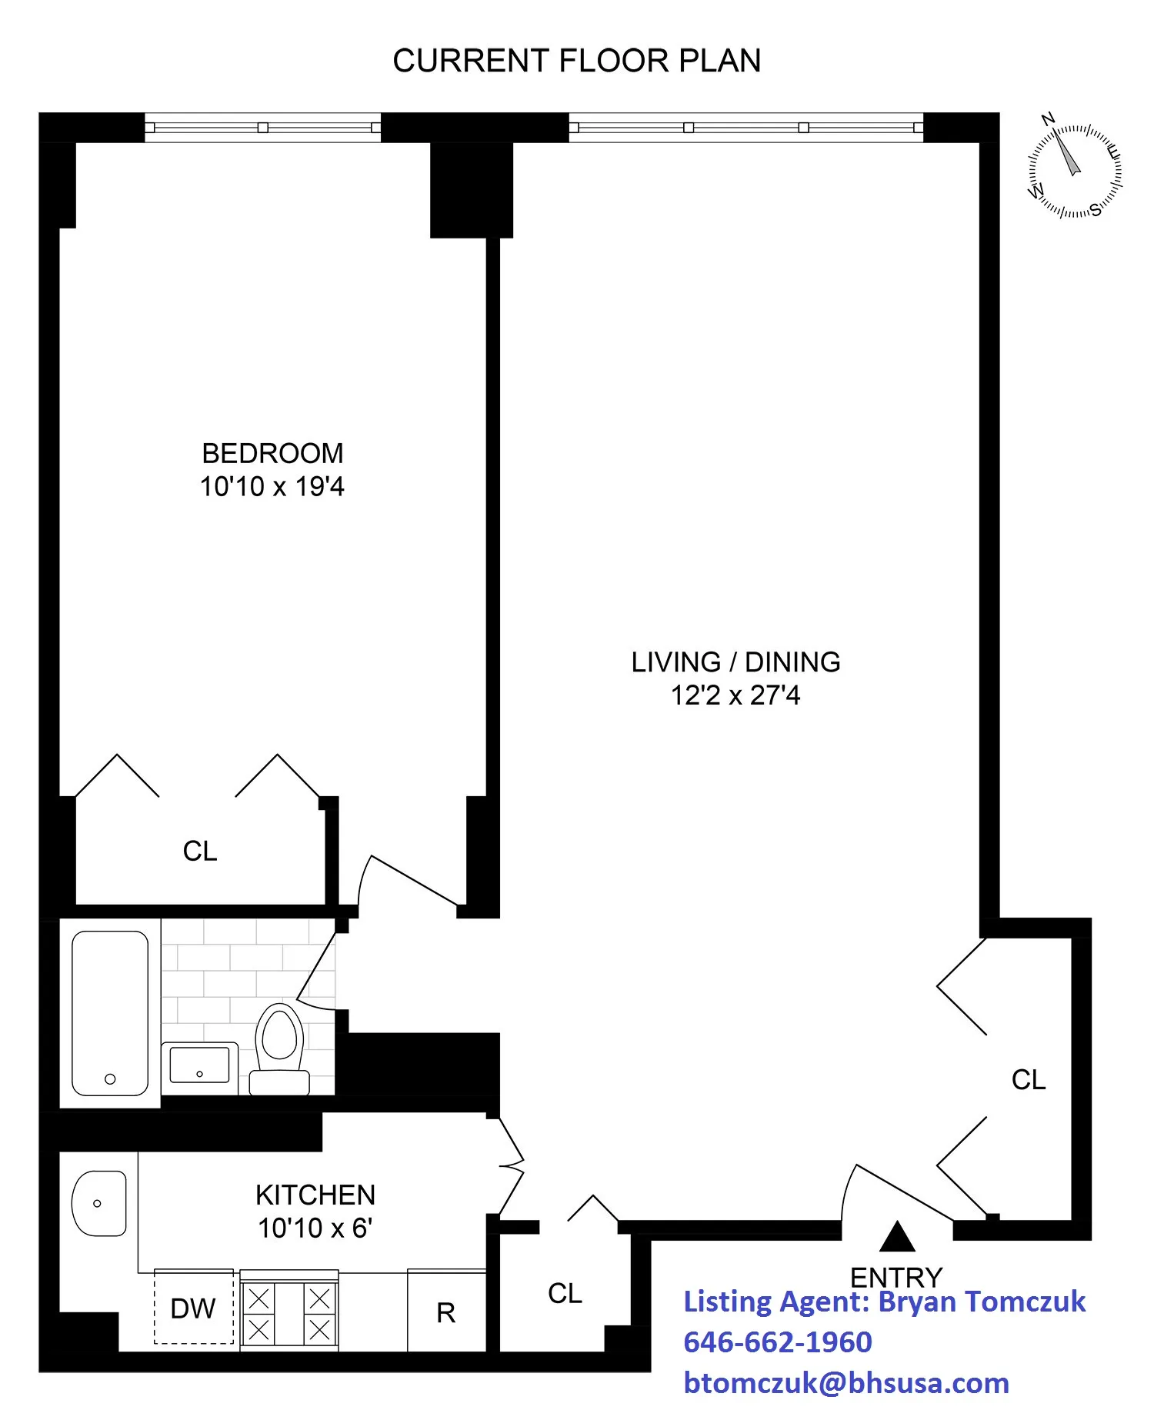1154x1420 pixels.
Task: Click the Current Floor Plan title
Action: [x=576, y=61]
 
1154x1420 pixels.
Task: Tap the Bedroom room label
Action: [x=272, y=453]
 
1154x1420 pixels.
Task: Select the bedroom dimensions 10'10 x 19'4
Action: [x=272, y=487]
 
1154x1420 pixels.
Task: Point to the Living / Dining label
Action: [x=735, y=662]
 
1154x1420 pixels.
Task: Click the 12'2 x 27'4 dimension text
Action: [x=735, y=695]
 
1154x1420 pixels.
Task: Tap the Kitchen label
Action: [x=315, y=1195]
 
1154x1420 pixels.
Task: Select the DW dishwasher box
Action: [x=193, y=1308]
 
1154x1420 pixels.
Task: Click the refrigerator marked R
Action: [x=446, y=1312]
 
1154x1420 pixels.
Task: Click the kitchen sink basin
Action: [x=98, y=1204]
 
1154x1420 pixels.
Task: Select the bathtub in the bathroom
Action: [x=110, y=1012]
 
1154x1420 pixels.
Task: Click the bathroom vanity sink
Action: [x=199, y=1067]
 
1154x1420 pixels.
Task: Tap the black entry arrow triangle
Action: [x=896, y=1238]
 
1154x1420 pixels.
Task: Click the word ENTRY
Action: [x=896, y=1278]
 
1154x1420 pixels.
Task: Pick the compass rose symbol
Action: [x=1074, y=171]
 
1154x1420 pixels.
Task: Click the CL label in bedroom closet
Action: [x=200, y=851]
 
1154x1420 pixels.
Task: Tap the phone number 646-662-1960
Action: [x=777, y=1342]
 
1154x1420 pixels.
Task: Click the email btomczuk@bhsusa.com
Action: [x=846, y=1382]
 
